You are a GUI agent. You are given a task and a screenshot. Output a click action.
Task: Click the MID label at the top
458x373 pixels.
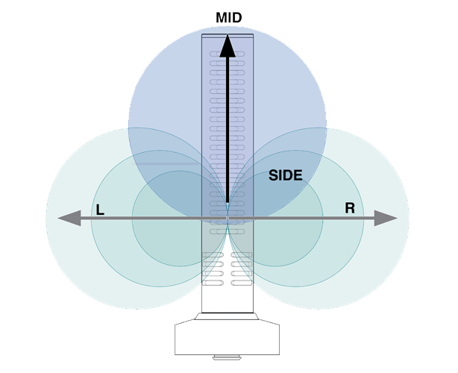228,17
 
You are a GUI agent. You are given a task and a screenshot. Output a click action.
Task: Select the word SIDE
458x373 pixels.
285,176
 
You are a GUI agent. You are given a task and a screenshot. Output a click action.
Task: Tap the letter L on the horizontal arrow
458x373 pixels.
100,210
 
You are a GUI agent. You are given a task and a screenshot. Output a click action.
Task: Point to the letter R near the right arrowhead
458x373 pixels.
349,208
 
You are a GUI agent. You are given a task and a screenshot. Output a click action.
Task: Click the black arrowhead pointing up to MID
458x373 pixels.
228,44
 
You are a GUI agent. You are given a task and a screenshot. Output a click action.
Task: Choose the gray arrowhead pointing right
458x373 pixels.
386,218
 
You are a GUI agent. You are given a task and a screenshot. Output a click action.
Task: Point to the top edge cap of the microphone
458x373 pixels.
228,34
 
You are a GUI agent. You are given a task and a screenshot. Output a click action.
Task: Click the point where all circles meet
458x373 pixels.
228,219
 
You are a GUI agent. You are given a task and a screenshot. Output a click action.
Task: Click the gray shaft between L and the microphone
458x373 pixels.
149,219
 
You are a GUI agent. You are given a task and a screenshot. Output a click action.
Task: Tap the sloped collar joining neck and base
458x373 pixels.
228,319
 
